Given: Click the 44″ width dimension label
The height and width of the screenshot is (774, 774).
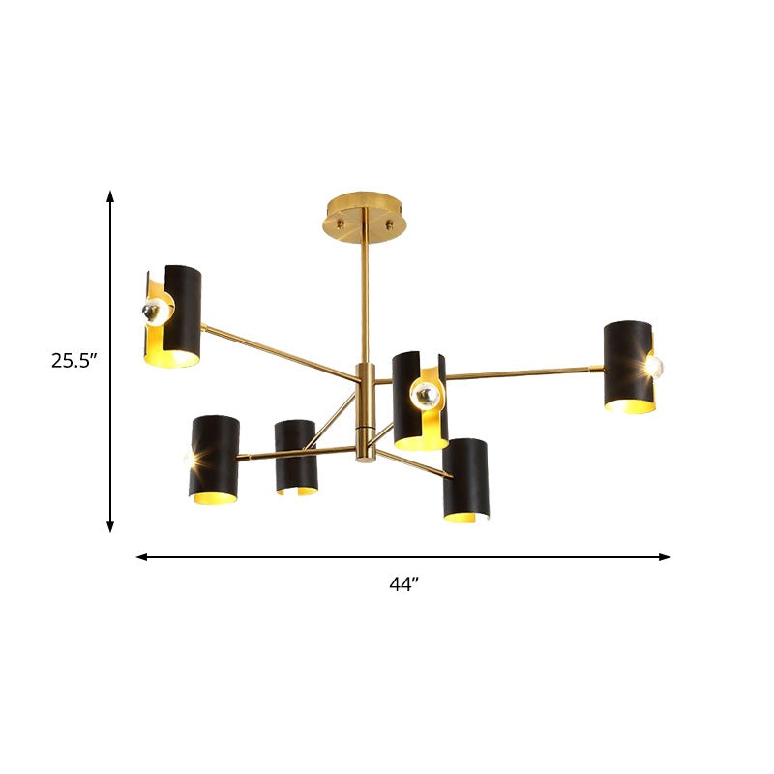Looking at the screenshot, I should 403,583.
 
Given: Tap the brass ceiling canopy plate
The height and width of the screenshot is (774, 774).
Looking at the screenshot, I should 365,211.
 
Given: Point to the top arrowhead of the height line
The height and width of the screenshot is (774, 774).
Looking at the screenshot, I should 111,196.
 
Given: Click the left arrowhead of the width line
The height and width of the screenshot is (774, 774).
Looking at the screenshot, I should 141,557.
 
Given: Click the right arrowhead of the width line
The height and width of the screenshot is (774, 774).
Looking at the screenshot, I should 665,557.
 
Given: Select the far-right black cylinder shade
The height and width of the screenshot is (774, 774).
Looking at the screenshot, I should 628,367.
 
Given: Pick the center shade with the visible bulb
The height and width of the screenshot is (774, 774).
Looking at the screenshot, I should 420,401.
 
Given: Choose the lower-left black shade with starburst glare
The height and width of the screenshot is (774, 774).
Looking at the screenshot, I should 214,459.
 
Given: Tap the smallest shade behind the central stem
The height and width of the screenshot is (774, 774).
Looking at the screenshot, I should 295,457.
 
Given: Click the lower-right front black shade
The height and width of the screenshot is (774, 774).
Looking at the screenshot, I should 466,480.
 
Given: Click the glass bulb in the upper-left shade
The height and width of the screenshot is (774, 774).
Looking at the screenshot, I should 154,312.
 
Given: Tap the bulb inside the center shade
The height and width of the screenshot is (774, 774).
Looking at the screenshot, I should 423,393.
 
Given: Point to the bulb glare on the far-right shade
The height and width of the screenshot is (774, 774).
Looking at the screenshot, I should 656,364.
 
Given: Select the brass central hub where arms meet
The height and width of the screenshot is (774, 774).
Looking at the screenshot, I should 366,411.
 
